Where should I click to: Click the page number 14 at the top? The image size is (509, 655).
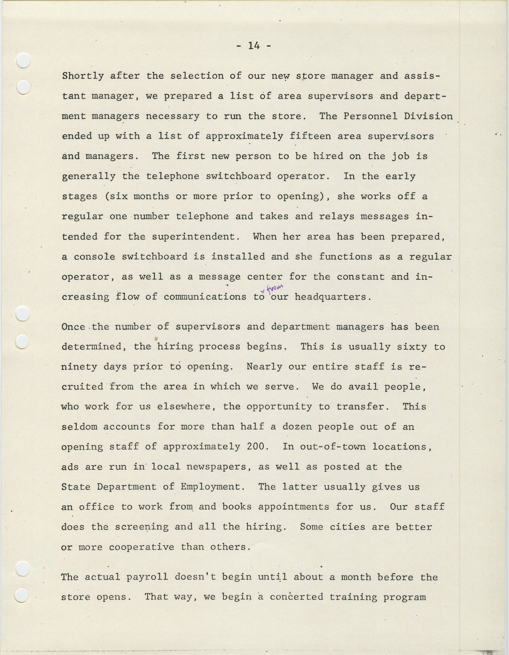(x=254, y=46)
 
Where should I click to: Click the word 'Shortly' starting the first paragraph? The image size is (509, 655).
(x=83, y=76)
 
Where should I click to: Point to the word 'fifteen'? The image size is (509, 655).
(x=310, y=136)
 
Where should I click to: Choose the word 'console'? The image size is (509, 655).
(x=94, y=257)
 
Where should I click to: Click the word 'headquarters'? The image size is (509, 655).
(x=331, y=297)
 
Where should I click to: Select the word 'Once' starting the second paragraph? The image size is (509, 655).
(x=73, y=327)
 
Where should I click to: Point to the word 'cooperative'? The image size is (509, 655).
(x=142, y=547)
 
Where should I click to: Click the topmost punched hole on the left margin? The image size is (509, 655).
(x=23, y=61)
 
